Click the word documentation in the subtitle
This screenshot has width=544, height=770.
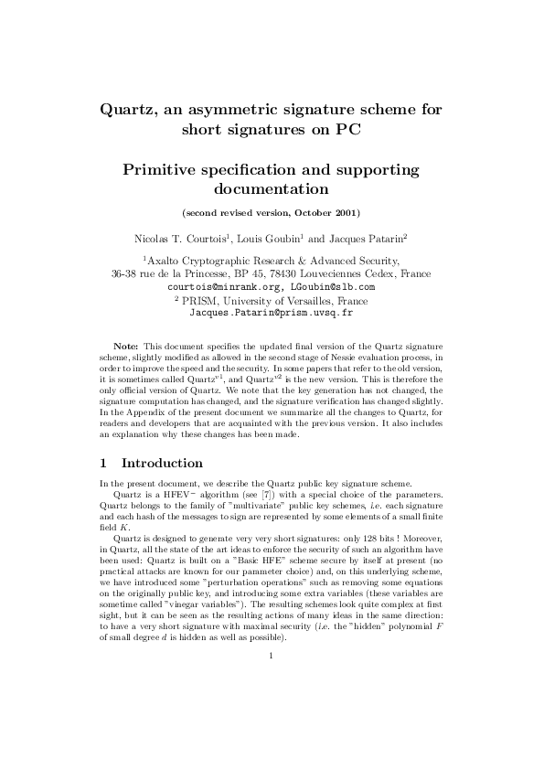click(271, 190)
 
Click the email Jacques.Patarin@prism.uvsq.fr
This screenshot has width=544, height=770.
click(271, 312)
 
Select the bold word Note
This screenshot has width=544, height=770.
click(126, 348)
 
